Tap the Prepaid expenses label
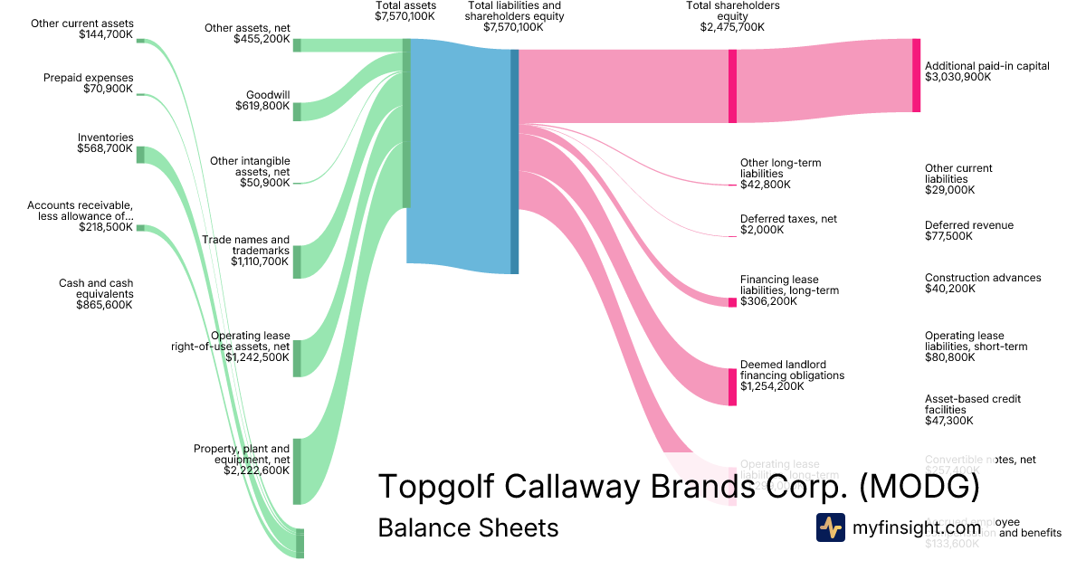(x=88, y=78)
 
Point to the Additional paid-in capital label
(x=986, y=66)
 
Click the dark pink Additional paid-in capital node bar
(x=916, y=75)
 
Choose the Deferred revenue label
(x=968, y=225)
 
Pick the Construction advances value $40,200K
(x=949, y=289)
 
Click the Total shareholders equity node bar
(x=732, y=86)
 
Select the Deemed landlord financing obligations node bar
(x=732, y=386)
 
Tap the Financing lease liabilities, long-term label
(x=789, y=285)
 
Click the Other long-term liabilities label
(x=780, y=168)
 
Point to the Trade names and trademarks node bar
(x=296, y=261)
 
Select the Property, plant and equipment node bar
(x=296, y=470)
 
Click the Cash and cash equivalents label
(x=95, y=289)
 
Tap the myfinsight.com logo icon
(x=830, y=527)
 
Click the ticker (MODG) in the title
(x=919, y=487)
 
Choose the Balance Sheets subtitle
(x=468, y=527)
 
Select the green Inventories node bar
(x=140, y=155)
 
